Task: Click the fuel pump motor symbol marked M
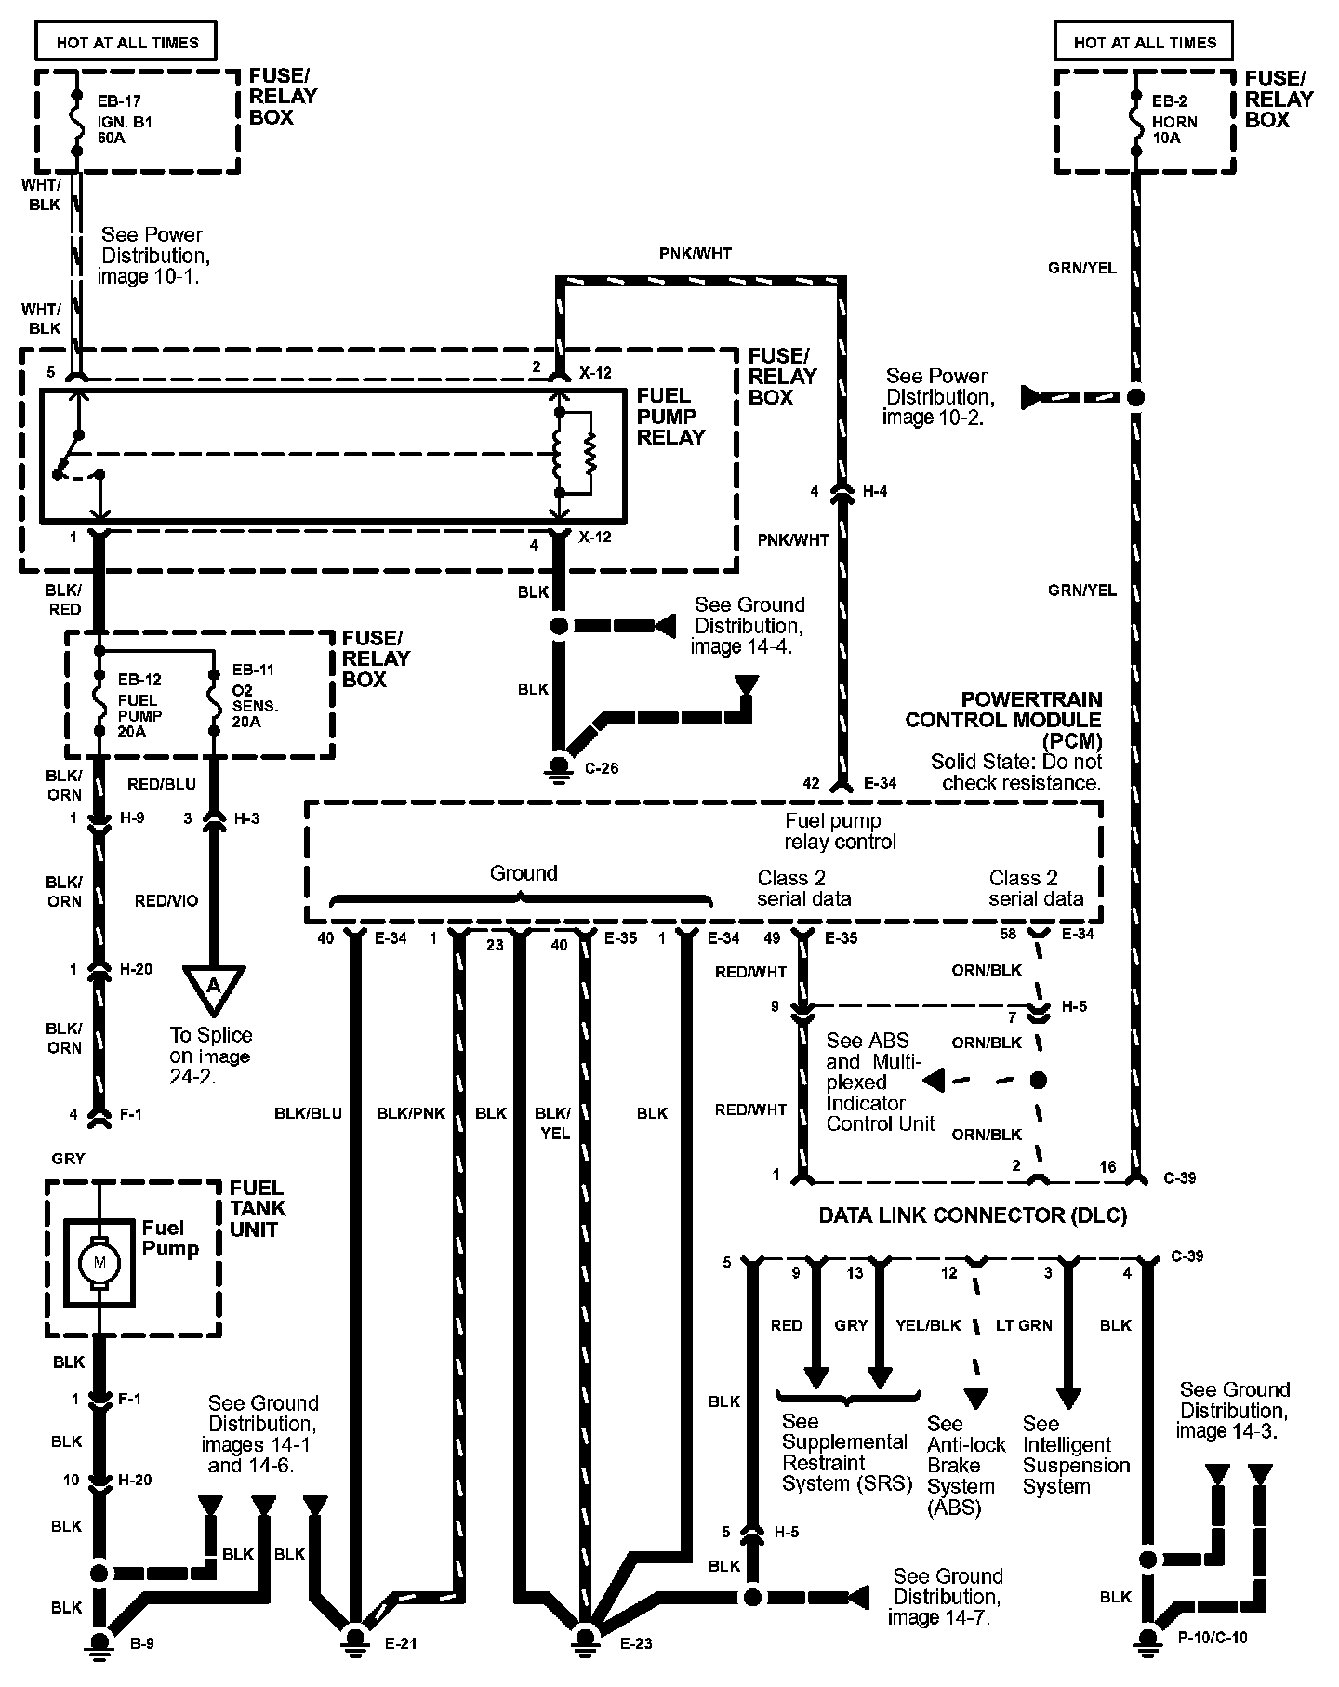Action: [x=99, y=1262]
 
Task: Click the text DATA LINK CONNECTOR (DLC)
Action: [x=972, y=1215]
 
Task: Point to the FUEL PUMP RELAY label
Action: [x=670, y=416]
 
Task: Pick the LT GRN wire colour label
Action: [x=1024, y=1325]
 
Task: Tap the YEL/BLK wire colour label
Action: [x=928, y=1325]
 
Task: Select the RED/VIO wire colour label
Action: [x=166, y=900]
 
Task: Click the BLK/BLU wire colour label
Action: [x=308, y=1113]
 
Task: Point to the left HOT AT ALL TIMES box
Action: [x=126, y=43]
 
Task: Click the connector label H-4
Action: [x=875, y=491]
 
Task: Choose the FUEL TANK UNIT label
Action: [x=258, y=1208]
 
